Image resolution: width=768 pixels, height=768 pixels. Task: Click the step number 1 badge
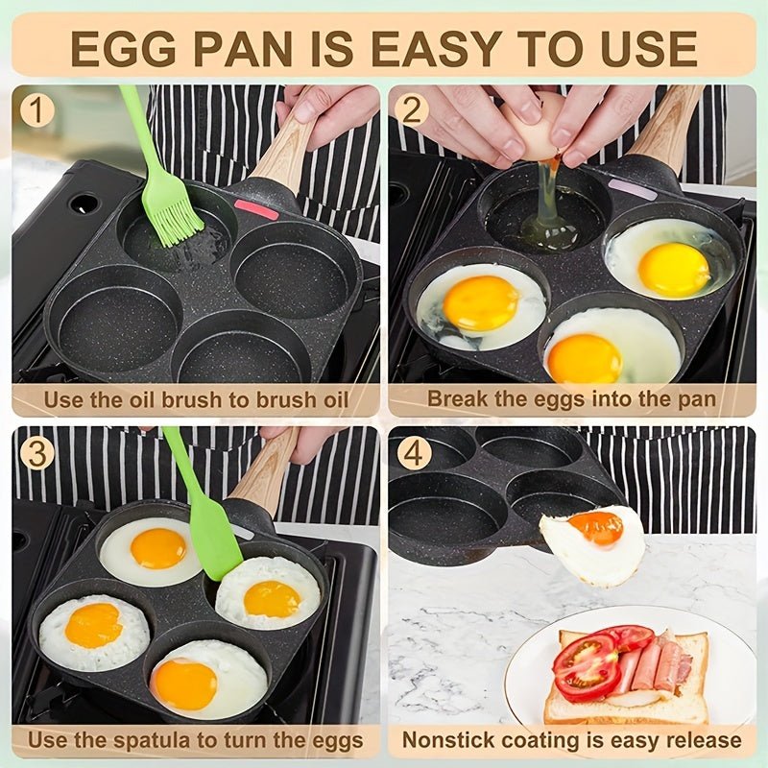click(x=36, y=110)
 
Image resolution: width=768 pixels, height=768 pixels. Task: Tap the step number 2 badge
click(x=412, y=110)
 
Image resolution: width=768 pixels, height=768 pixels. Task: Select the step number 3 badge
click(x=36, y=452)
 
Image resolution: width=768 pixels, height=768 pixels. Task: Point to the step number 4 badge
click(x=414, y=452)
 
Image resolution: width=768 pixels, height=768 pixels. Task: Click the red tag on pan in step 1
click(x=255, y=208)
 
